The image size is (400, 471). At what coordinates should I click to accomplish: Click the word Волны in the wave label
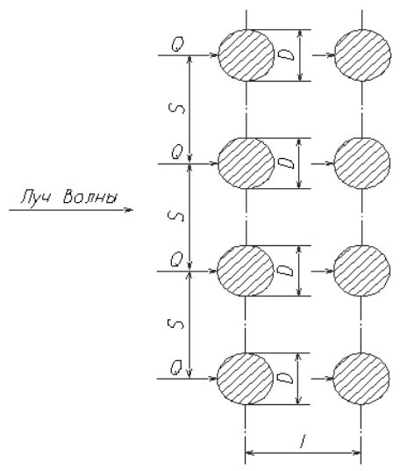pos(89,197)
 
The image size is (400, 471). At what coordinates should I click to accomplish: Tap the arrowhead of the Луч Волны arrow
pos(129,210)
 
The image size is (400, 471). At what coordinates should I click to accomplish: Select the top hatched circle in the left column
pos(246,55)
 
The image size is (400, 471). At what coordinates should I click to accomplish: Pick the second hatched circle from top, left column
pos(246,163)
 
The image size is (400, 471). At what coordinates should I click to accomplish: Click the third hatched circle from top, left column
pos(246,271)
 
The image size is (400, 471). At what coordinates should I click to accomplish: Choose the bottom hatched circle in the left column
pos(245,379)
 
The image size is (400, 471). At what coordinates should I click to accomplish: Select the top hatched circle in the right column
pos(362,55)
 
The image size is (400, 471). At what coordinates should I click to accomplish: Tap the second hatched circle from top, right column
pos(362,163)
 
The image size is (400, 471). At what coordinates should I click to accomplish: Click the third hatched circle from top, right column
pos(362,271)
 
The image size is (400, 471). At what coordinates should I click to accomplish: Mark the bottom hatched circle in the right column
pos(361,379)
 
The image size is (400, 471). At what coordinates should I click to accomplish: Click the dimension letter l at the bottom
pos(304,441)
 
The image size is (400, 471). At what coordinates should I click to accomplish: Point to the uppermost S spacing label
pos(178,109)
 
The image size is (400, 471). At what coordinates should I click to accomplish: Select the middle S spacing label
pos(178,216)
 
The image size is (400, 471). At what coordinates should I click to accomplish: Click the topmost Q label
pos(177,45)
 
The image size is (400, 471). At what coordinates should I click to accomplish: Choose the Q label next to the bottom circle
pos(176,368)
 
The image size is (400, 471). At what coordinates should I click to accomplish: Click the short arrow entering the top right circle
pos(324,55)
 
